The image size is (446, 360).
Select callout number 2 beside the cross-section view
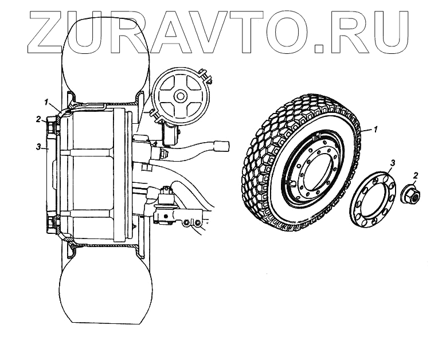[x=38, y=119]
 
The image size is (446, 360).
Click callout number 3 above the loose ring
[x=392, y=163]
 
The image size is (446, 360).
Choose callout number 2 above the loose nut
[x=415, y=174]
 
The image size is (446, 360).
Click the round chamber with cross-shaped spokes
[x=180, y=95]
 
